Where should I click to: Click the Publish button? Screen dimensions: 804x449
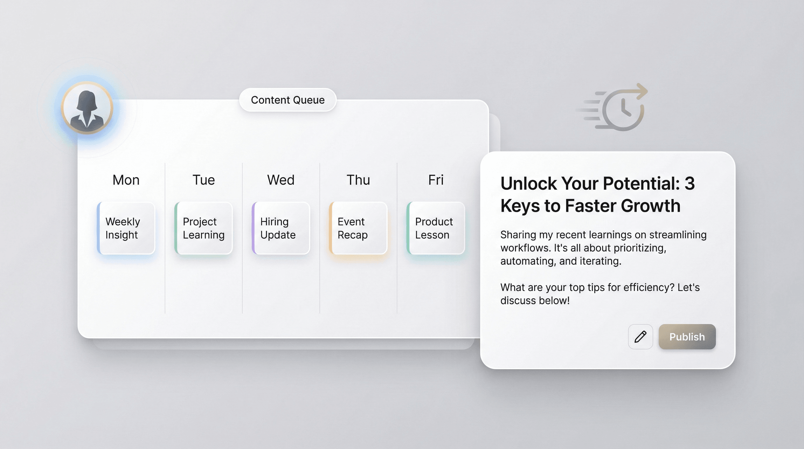(687, 336)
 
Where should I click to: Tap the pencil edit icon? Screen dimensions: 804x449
(640, 336)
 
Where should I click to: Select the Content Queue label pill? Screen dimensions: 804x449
(288, 100)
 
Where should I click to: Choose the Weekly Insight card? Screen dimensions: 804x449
(126, 228)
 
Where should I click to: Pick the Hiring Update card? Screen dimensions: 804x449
(281, 228)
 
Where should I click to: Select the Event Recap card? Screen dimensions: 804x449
(358, 228)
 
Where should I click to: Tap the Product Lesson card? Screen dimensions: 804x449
(436, 228)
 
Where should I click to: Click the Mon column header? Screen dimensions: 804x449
(126, 180)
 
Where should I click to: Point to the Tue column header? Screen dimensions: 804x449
(204, 180)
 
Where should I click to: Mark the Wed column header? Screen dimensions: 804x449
(281, 180)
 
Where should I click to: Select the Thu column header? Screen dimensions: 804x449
(358, 180)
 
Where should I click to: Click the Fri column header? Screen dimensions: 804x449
(436, 180)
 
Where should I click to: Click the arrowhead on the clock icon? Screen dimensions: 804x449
(642, 91)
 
